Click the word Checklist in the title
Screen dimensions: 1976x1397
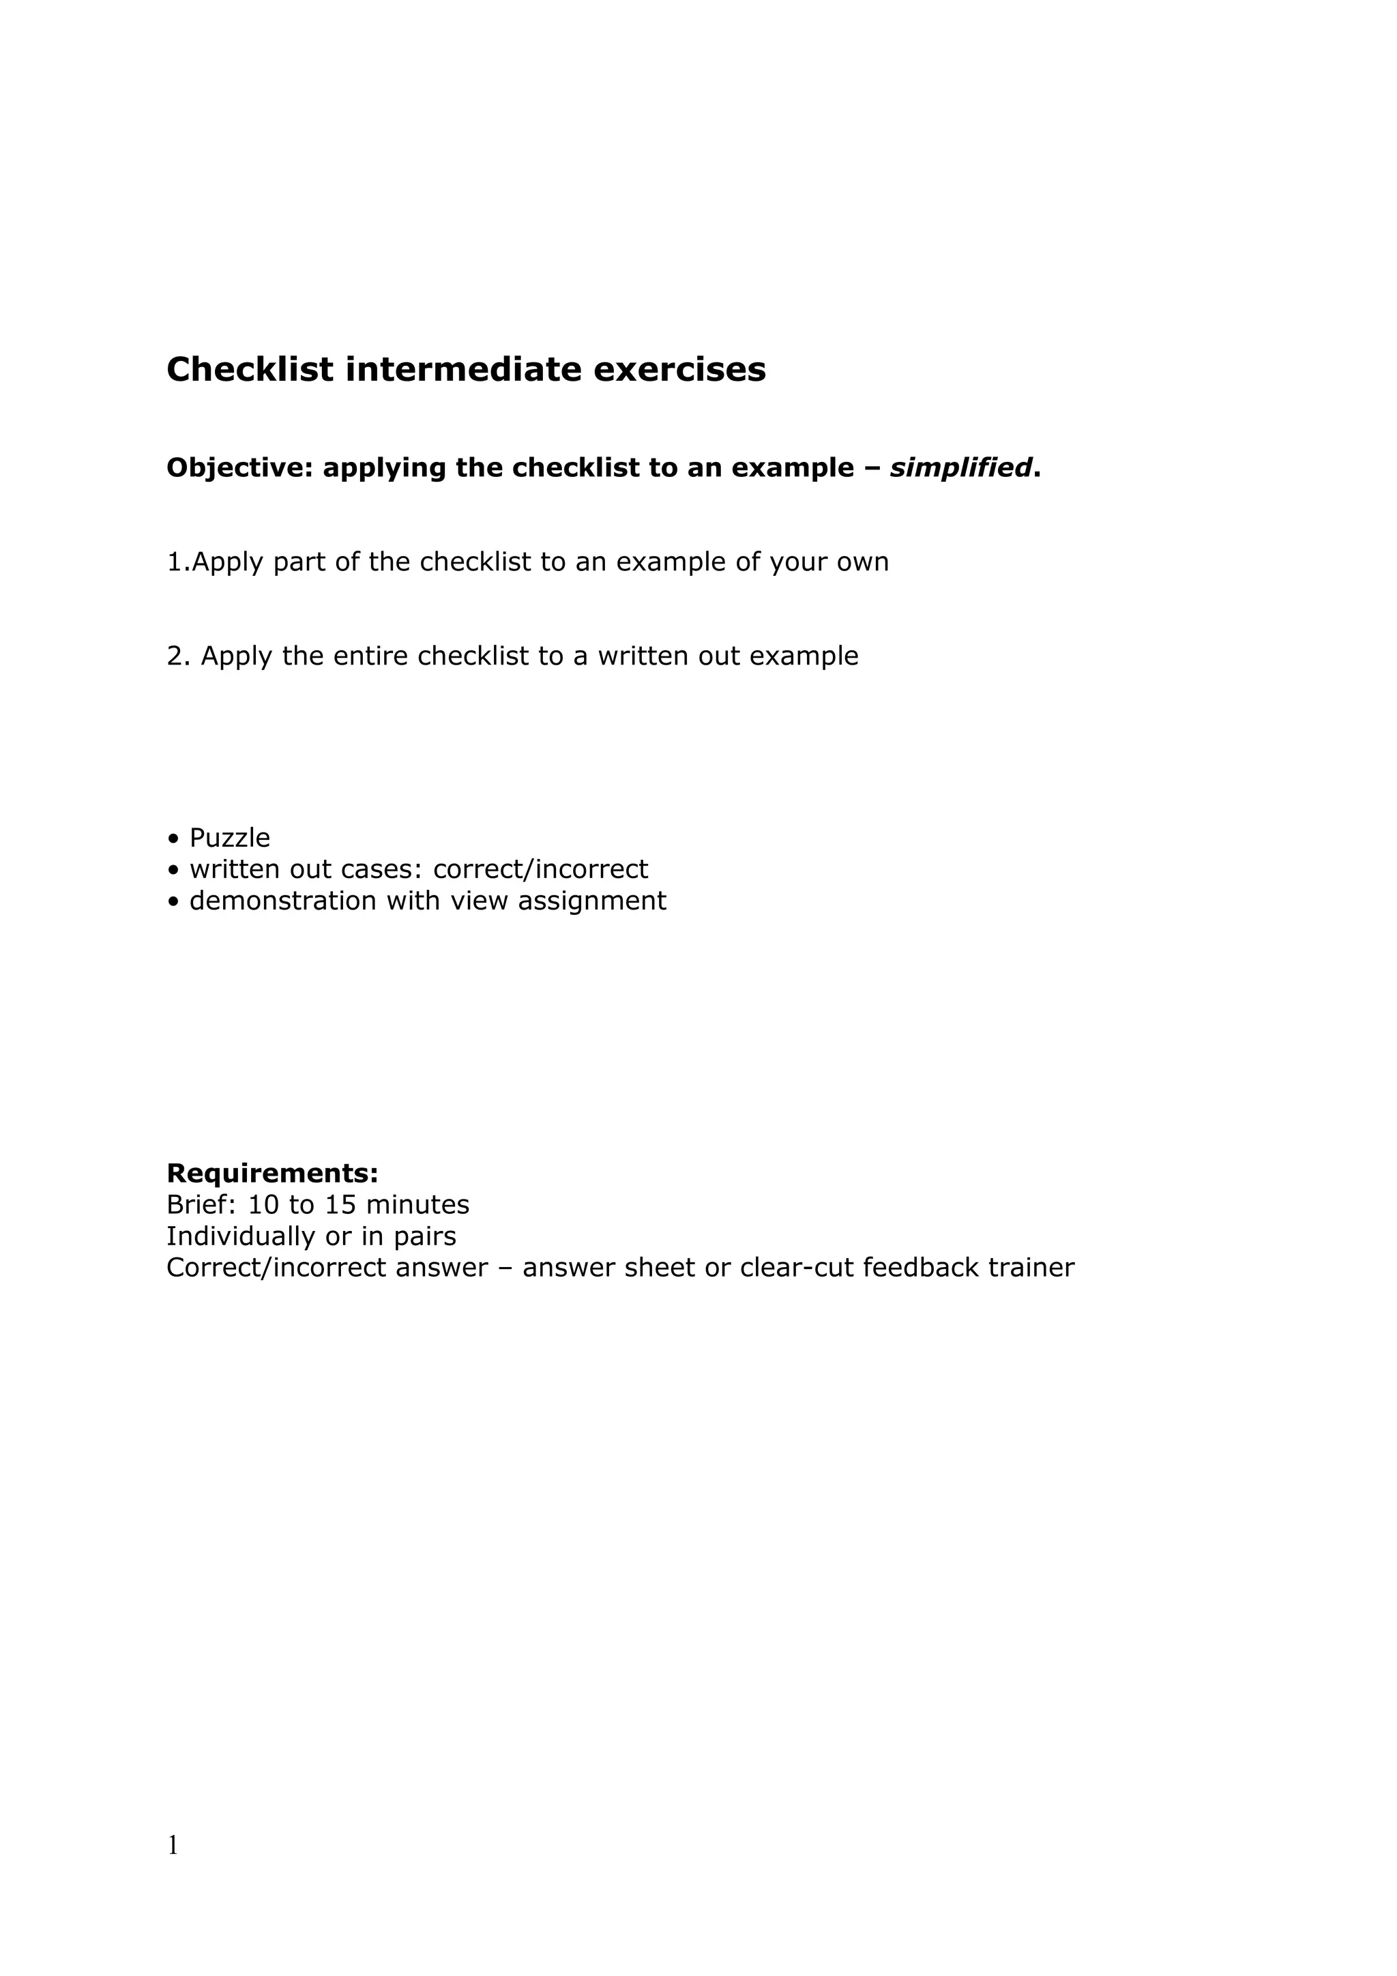[x=250, y=369]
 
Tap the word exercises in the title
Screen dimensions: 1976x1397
[x=679, y=369]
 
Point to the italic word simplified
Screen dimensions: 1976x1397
[x=960, y=468]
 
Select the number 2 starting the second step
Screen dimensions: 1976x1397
[x=175, y=656]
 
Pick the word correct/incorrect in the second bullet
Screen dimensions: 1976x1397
[x=540, y=869]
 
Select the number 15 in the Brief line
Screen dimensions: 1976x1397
[x=340, y=1204]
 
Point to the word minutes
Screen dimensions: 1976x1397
[x=417, y=1204]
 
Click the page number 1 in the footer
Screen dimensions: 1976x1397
[x=173, y=1845]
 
